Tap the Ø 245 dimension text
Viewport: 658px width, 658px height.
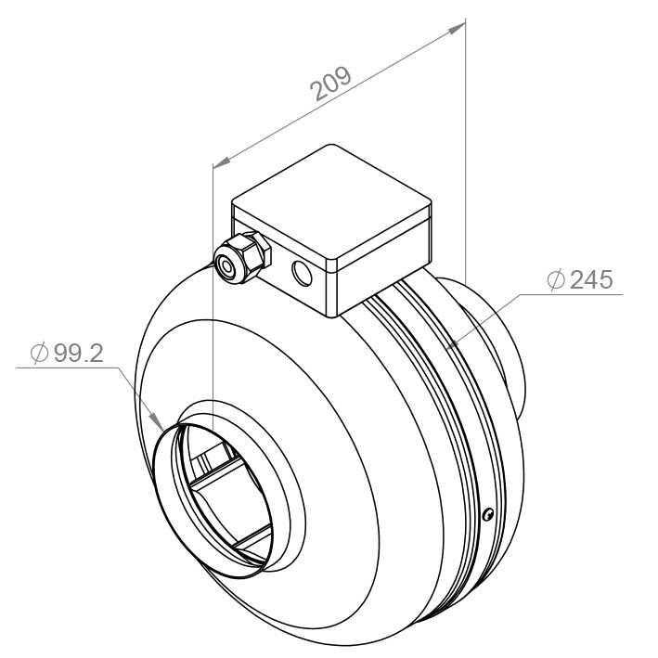[x=580, y=280]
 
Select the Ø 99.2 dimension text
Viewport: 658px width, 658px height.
[x=67, y=354]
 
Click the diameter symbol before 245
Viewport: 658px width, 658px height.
[x=556, y=280]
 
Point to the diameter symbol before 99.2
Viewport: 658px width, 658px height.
[x=39, y=354]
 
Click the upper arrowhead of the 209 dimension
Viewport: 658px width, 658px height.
[x=457, y=28]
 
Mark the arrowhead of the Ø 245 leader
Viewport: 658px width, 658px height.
[x=452, y=342]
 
